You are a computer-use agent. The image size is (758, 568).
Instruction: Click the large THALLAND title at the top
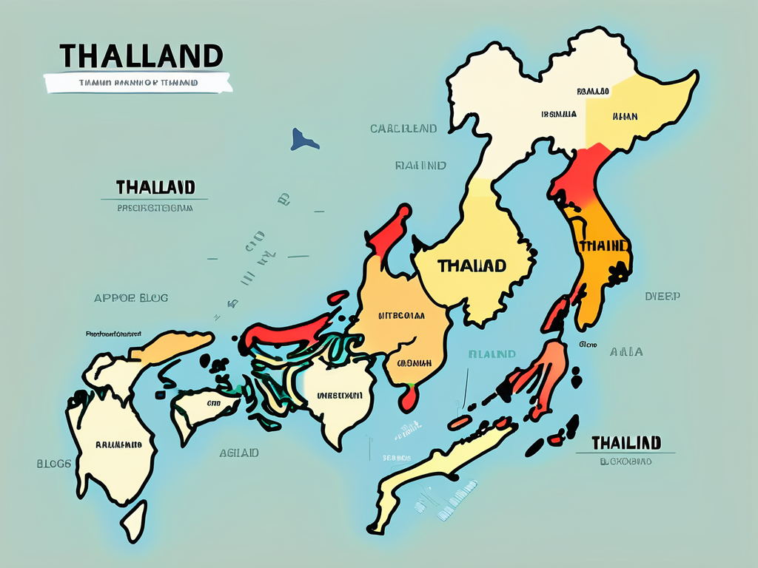click(x=141, y=56)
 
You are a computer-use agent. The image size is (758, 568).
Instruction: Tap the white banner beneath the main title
click(x=138, y=83)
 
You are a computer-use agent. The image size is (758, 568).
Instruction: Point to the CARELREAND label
click(x=403, y=129)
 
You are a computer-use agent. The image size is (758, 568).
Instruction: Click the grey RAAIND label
click(x=420, y=166)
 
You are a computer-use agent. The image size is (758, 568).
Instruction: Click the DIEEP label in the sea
click(x=663, y=296)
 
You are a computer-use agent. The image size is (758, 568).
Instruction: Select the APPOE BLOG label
click(x=131, y=298)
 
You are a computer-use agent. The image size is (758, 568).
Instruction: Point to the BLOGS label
click(x=54, y=464)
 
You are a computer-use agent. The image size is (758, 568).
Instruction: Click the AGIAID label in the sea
click(x=238, y=453)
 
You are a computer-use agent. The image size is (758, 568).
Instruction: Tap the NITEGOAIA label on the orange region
click(x=401, y=315)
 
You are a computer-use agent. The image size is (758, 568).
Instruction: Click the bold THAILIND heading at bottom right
click(x=625, y=443)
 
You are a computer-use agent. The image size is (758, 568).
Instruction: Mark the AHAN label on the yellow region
click(x=625, y=115)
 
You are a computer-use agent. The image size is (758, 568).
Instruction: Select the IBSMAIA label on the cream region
click(x=559, y=115)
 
